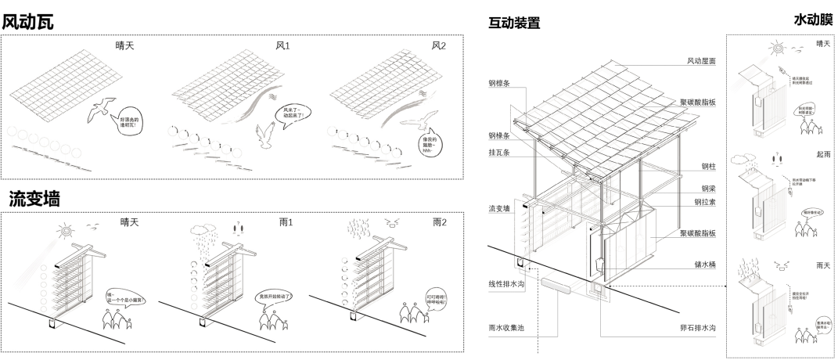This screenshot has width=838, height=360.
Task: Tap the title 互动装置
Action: (x=515, y=23)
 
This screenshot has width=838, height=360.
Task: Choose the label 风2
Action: (x=439, y=46)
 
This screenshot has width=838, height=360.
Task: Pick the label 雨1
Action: (x=286, y=222)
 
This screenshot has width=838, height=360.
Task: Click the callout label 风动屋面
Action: (x=702, y=61)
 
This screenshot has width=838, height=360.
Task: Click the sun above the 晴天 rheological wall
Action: (x=67, y=230)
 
